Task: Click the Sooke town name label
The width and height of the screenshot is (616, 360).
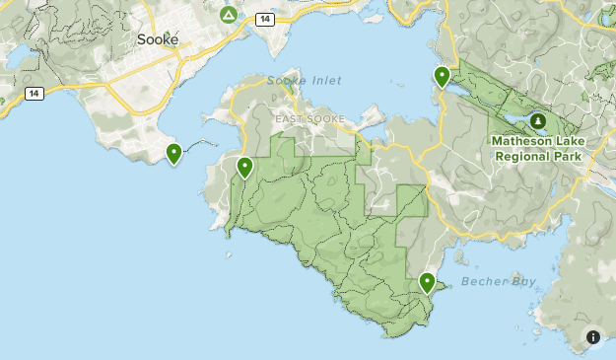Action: point(158,40)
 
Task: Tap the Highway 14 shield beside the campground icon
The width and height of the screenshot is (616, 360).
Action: point(265,18)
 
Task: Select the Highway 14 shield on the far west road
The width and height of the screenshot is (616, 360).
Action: point(34,94)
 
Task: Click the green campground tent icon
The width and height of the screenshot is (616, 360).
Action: point(229,15)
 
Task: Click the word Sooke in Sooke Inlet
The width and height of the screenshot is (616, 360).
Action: point(285,80)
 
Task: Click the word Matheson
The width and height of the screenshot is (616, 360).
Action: point(518,142)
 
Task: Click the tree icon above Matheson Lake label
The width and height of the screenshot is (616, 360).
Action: point(538,121)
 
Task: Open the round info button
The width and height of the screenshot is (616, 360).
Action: point(593,337)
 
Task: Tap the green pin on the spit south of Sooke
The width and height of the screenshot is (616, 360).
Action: point(173,154)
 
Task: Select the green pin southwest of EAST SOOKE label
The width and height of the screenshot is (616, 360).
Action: point(244,168)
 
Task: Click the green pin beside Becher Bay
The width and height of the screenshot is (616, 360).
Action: point(427,283)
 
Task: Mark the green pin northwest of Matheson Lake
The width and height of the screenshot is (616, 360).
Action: point(443,76)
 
